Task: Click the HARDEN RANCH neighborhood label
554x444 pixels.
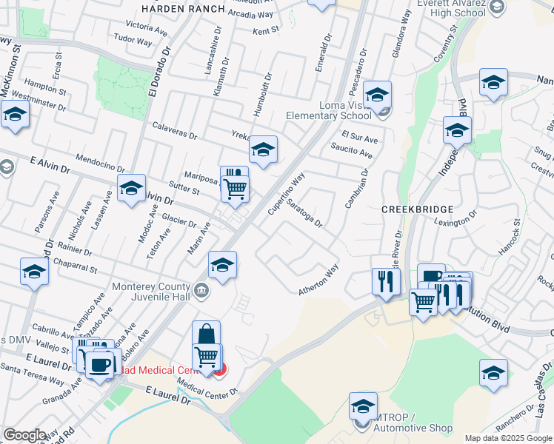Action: (182, 9)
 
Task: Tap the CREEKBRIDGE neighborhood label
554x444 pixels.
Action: (411, 209)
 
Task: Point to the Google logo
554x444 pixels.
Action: (24, 434)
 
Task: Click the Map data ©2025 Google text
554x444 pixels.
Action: (509, 438)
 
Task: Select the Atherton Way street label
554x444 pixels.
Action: (318, 280)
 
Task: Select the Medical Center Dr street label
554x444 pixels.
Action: (207, 388)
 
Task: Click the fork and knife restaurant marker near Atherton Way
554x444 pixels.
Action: (385, 280)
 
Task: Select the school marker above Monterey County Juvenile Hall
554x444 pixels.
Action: (221, 264)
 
